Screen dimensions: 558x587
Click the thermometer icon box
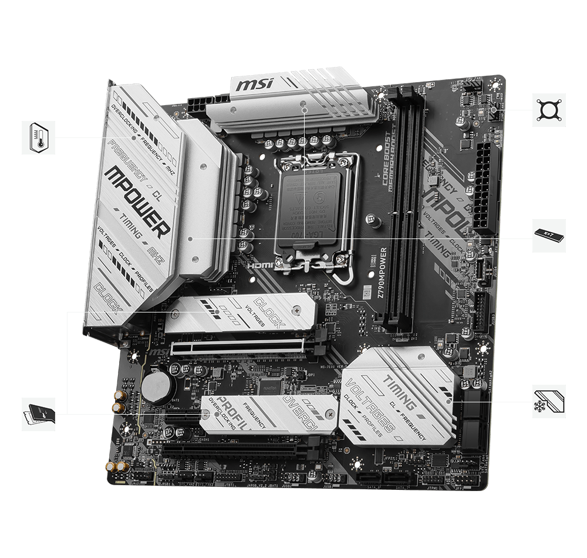(38, 138)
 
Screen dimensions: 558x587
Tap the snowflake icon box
(549, 402)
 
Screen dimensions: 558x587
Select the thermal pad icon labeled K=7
(549, 236)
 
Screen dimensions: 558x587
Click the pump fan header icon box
(549, 110)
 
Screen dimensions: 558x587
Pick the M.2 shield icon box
(38, 414)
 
